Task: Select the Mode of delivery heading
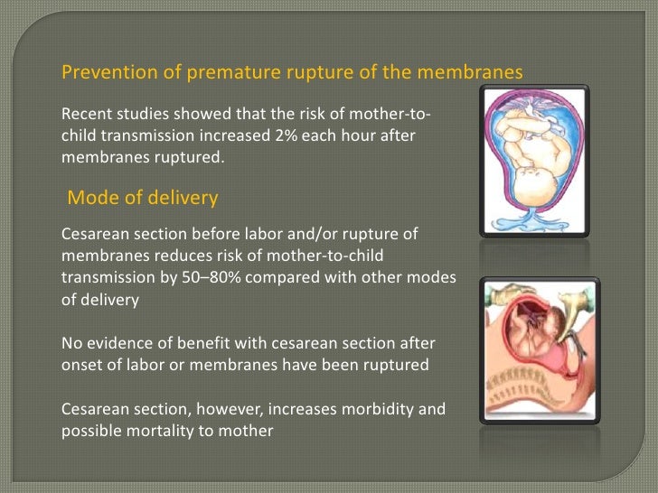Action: coord(143,197)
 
